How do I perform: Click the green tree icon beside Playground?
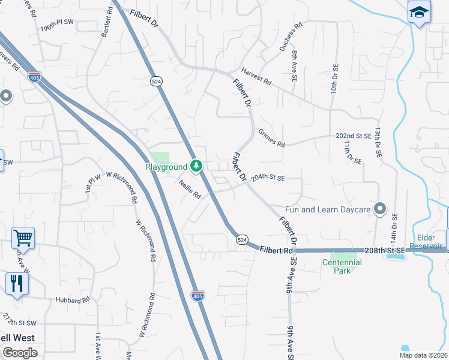[196, 166]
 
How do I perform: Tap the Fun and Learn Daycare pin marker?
[379, 209]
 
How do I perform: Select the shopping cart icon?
[23, 238]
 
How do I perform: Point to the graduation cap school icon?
[418, 11]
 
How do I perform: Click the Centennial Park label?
[342, 266]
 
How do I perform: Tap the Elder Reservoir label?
[426, 241]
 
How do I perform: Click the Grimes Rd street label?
[271, 138]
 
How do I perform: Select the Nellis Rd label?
[189, 191]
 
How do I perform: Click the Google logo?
[20, 353]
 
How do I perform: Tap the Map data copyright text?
[424, 355]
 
